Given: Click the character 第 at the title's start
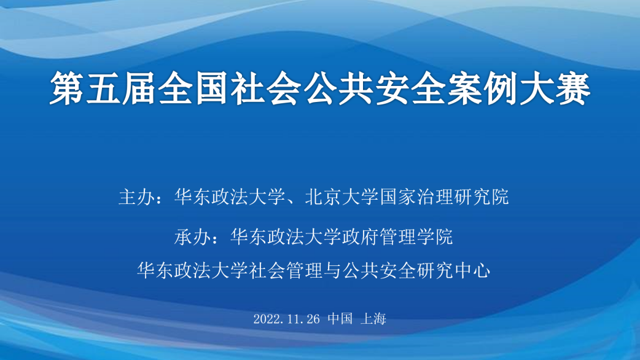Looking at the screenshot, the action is pyautogui.click(x=68, y=88).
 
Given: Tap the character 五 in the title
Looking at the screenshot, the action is pyautogui.click(x=103, y=88).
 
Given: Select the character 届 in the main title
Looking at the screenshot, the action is pyautogui.click(x=139, y=88).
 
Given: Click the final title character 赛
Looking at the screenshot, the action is pyautogui.click(x=573, y=88).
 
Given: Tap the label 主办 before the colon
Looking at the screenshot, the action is pyautogui.click(x=137, y=197).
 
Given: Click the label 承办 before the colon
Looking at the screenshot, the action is pyautogui.click(x=193, y=237).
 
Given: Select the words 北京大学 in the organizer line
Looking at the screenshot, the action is pyautogui.click(x=342, y=197).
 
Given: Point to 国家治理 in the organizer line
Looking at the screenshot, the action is pyautogui.click(x=416, y=197).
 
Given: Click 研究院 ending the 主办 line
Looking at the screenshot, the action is pyautogui.click(x=482, y=197).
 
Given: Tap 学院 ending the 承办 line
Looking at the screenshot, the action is pyautogui.click(x=435, y=237).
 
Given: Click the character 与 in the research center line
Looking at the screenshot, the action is pyautogui.click(x=333, y=270).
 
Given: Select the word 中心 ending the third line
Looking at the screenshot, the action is pyautogui.click(x=472, y=270).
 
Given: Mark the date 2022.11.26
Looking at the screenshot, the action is pyautogui.click(x=287, y=319).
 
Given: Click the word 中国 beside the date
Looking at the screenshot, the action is pyautogui.click(x=340, y=318).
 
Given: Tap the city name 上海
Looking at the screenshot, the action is pyautogui.click(x=373, y=318).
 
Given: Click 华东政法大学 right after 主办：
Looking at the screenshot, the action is pyautogui.click(x=230, y=197).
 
